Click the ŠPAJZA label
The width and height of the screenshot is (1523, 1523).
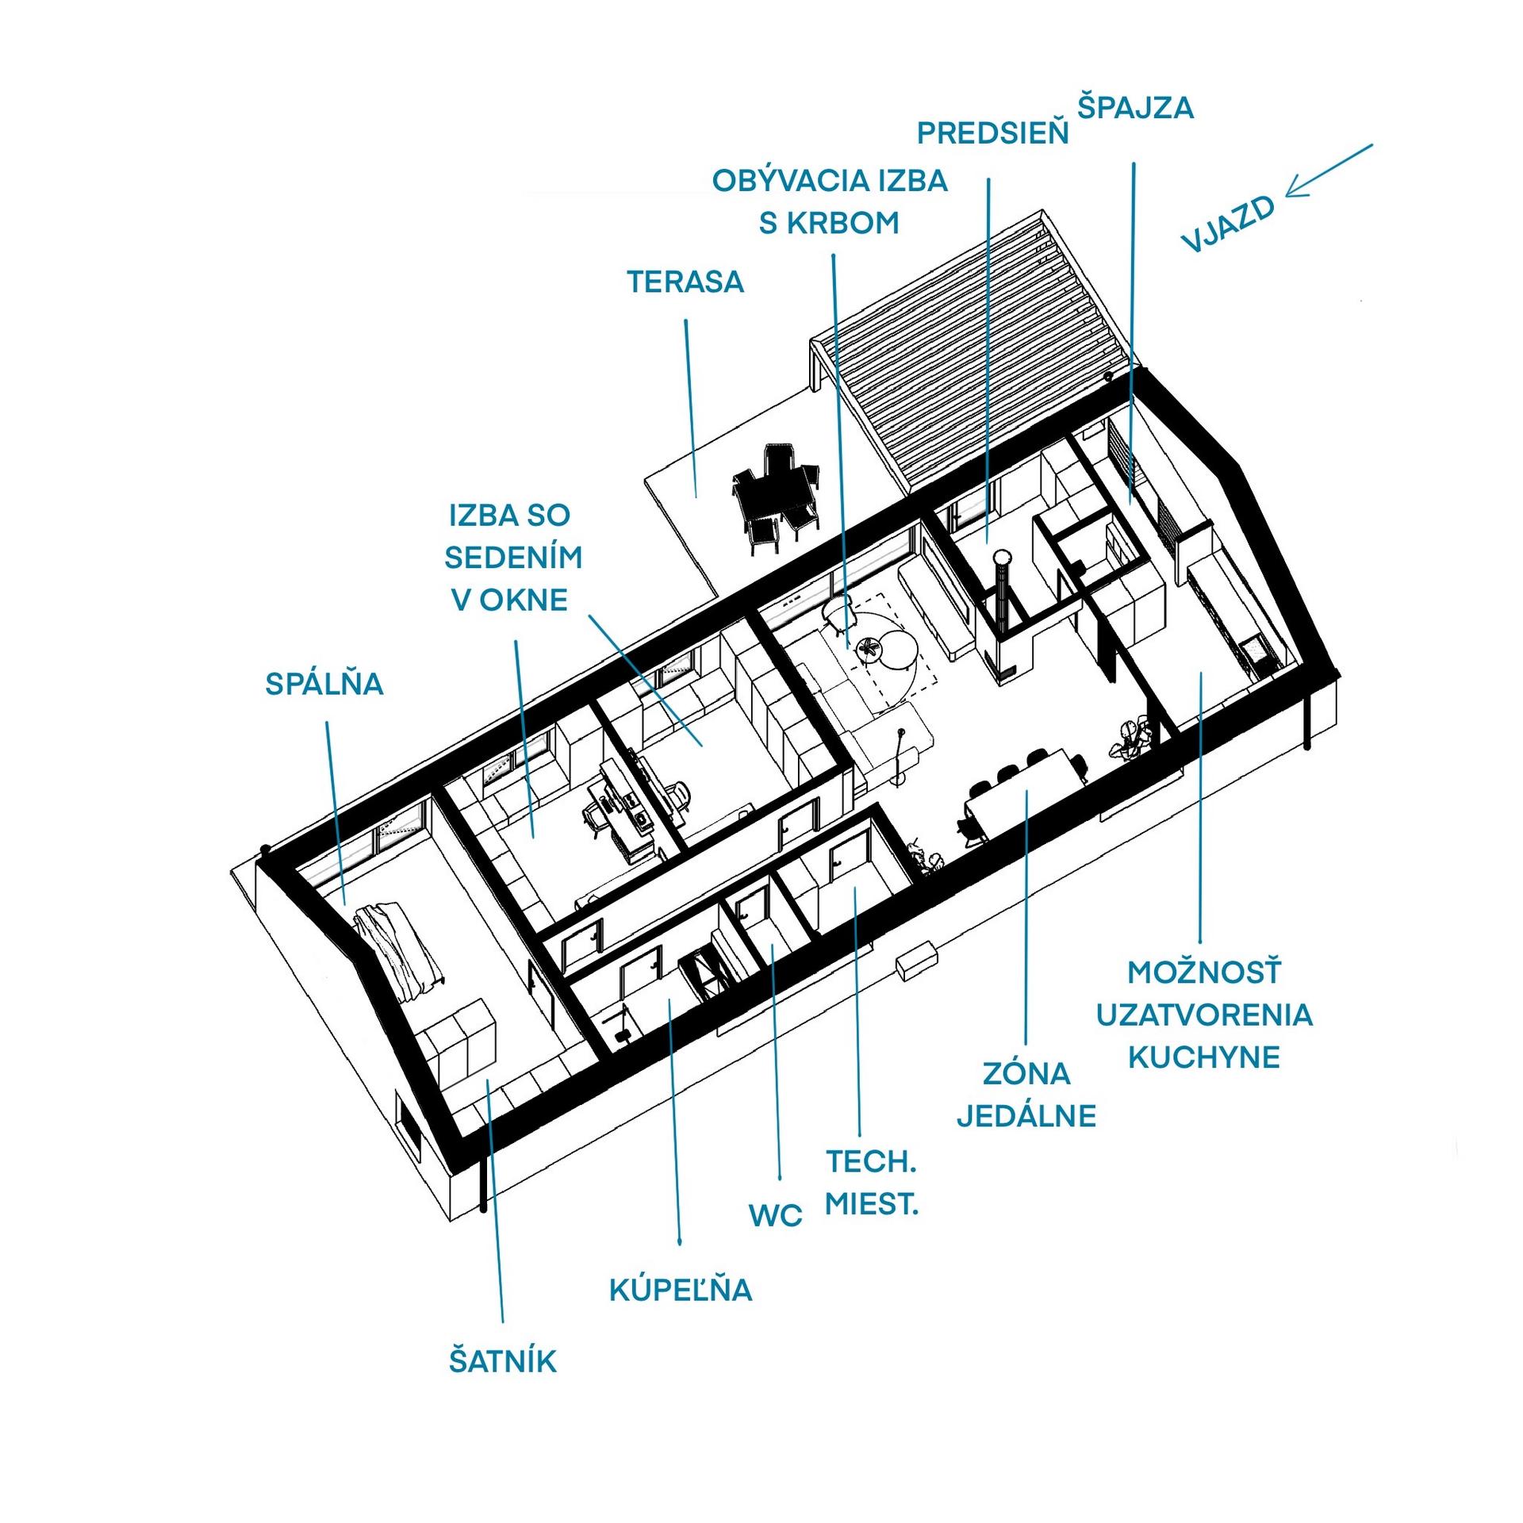coord(1135,108)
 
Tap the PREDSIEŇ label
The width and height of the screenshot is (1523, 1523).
coord(993,133)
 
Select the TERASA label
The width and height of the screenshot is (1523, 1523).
coord(685,282)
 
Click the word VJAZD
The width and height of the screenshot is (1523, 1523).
coord(1227,224)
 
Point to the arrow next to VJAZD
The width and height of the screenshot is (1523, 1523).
coord(1329,171)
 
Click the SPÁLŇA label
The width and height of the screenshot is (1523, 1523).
coord(324,683)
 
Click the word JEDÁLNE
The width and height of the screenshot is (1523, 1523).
coord(1026,1115)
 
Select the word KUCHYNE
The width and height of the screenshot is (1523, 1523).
coord(1204,1057)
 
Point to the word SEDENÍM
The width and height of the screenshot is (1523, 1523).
coord(513,558)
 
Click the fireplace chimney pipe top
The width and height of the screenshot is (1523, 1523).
coord(1003,558)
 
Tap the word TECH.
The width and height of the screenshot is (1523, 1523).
coord(872,1161)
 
